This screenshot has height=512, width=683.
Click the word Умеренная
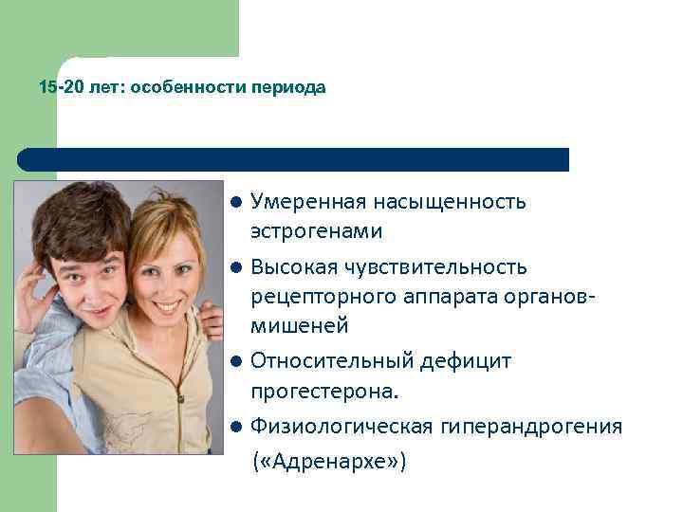click(x=307, y=202)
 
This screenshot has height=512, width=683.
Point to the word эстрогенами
click(x=317, y=230)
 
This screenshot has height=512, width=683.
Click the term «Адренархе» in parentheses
click(x=328, y=462)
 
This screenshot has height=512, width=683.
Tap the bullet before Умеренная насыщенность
click(x=235, y=202)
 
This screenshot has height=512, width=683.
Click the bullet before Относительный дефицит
click(x=235, y=361)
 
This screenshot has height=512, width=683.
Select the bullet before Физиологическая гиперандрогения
click(x=235, y=427)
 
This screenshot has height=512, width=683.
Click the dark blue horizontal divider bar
click(x=293, y=159)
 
